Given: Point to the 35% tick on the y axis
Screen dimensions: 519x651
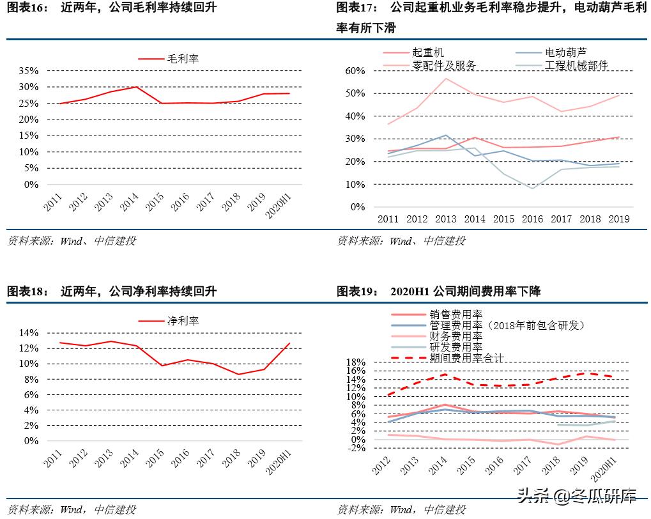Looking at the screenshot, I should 29,70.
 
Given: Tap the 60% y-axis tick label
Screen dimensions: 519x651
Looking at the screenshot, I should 355,70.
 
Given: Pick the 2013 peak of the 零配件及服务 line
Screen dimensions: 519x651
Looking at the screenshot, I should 446,79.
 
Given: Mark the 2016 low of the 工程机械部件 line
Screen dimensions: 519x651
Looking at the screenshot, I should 532,189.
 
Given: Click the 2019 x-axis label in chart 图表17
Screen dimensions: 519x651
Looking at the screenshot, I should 618,219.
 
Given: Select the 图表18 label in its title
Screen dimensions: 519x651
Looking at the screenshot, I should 27,291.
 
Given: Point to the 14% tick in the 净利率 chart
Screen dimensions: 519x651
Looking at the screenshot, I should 29,333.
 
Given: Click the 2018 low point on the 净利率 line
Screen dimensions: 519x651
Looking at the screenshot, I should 238,375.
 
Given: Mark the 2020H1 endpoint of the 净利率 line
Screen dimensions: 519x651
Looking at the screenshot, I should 290,343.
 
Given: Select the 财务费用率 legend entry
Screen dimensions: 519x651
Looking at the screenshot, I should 456,336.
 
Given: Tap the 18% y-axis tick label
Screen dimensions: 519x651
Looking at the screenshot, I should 355,362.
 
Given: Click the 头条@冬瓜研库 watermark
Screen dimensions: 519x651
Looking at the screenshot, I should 576,495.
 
